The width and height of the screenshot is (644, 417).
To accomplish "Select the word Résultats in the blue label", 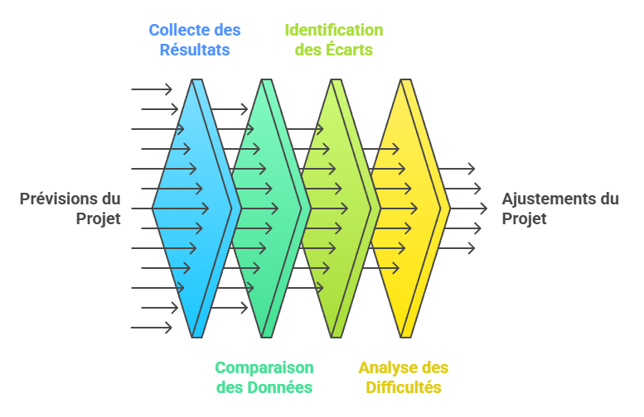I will tap(195, 50).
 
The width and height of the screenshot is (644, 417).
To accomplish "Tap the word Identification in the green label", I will tap(334, 31).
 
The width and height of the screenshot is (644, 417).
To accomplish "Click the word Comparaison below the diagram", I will tap(264, 367).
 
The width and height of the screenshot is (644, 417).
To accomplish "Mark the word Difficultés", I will tap(403, 387).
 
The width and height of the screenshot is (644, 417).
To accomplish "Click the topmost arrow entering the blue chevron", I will tap(152, 89).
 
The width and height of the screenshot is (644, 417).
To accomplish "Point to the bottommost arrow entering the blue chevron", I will tap(152, 328).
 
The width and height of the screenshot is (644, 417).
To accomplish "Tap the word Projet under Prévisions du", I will tap(99, 219).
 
